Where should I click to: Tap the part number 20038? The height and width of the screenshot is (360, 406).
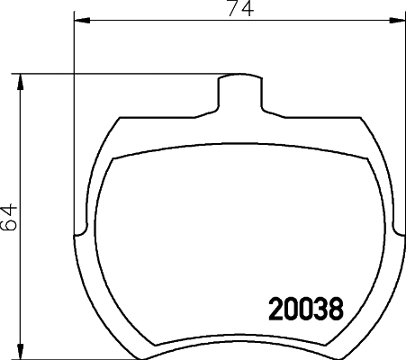coord(306,310)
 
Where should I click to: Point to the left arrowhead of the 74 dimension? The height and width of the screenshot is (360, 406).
coord(79,19)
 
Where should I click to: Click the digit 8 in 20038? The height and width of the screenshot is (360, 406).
coord(335,310)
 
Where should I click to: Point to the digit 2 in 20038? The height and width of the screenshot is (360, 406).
coord(277,310)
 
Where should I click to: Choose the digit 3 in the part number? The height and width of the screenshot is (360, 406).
coord(320,310)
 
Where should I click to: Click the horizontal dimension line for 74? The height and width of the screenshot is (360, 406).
coord(162,19)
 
